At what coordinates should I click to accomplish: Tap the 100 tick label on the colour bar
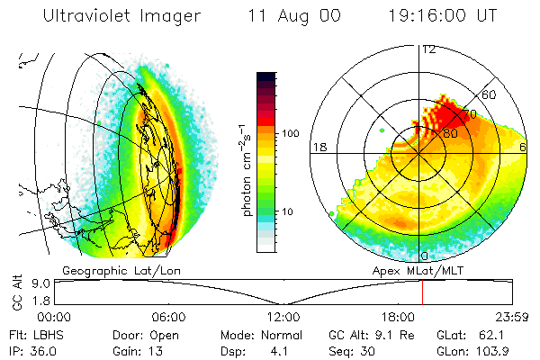click(291, 133)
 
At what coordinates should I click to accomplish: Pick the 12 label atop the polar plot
click(429, 49)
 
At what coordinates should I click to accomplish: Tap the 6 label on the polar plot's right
click(524, 146)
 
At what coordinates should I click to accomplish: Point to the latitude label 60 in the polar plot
click(490, 94)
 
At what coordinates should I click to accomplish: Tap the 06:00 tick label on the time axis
click(169, 317)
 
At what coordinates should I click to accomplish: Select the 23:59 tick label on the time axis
click(514, 317)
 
